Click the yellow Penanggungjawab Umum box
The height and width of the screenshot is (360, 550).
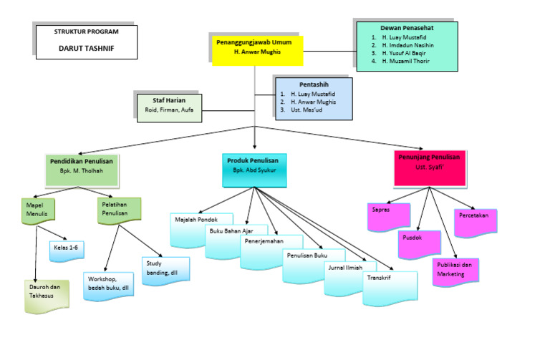pyautogui.click(x=257, y=48)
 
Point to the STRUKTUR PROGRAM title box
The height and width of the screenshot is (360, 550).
pyautogui.click(x=86, y=42)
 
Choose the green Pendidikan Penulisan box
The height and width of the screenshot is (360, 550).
pyautogui.click(x=82, y=167)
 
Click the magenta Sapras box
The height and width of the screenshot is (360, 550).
pyautogui.click(x=387, y=215)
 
